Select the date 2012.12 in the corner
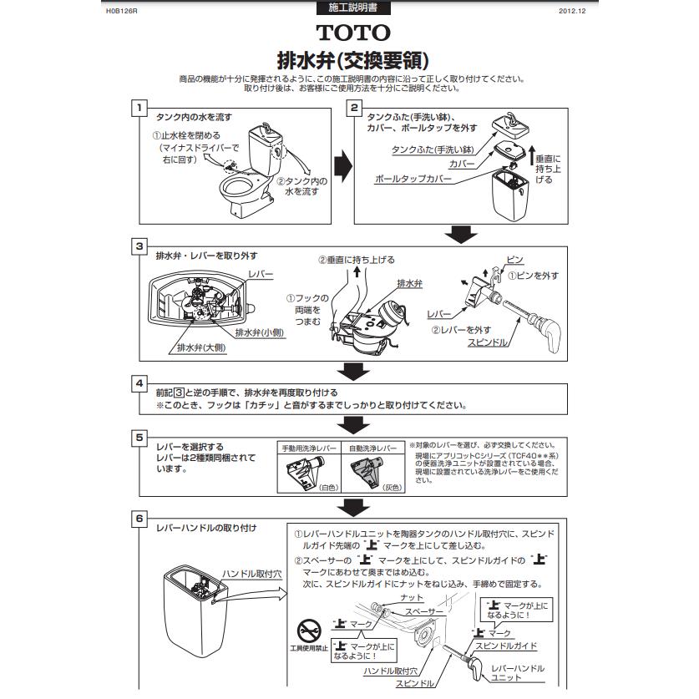(x=572, y=11)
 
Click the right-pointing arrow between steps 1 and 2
(x=341, y=163)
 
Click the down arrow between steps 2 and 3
(x=459, y=233)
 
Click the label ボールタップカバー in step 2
(x=413, y=179)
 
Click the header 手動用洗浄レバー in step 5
(x=309, y=448)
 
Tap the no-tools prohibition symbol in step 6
(x=308, y=626)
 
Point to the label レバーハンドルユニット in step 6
(x=518, y=672)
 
